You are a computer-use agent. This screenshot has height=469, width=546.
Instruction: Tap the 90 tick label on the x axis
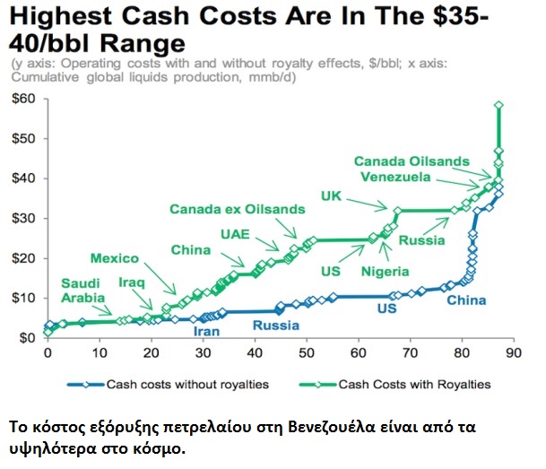coord(512,355)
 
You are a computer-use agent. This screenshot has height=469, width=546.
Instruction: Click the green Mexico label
coord(114,259)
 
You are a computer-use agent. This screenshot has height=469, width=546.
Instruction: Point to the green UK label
coord(332,195)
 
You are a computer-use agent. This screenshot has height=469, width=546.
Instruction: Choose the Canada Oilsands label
coord(411,161)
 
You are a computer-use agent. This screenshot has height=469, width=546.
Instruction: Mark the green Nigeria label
coord(386,271)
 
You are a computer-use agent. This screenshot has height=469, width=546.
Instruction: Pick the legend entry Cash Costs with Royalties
coord(413,385)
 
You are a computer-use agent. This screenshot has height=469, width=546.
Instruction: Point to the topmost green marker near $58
coord(498,105)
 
